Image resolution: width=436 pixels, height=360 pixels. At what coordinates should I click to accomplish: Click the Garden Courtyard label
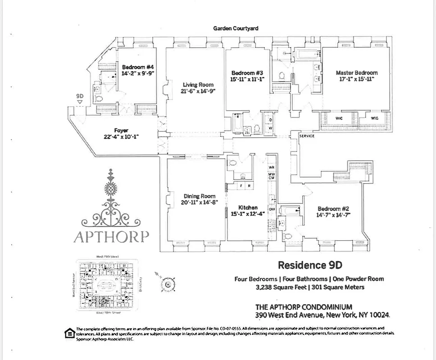(x=236, y=28)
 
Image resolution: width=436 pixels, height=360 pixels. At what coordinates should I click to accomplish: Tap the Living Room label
(x=198, y=85)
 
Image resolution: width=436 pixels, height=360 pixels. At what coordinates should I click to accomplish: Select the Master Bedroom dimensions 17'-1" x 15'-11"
(x=356, y=79)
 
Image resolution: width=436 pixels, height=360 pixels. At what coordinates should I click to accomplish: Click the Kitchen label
(x=248, y=207)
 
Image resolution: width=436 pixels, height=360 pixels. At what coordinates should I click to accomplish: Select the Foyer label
(x=121, y=130)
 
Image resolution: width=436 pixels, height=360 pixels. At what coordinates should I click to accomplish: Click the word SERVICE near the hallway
(x=307, y=136)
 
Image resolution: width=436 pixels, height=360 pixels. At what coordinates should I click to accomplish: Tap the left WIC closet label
(x=339, y=118)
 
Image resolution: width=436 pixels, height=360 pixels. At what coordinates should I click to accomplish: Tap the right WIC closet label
(x=374, y=118)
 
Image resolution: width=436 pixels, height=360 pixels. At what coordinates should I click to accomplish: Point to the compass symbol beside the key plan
(x=168, y=284)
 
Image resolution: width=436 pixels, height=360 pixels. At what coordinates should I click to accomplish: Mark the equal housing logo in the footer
(x=69, y=333)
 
